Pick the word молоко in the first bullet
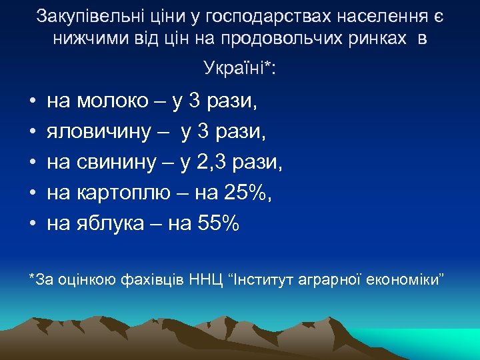pyautogui.click(x=113, y=101)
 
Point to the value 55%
pyautogui.click(x=219, y=224)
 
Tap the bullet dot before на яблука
pyautogui.click(x=31, y=225)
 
